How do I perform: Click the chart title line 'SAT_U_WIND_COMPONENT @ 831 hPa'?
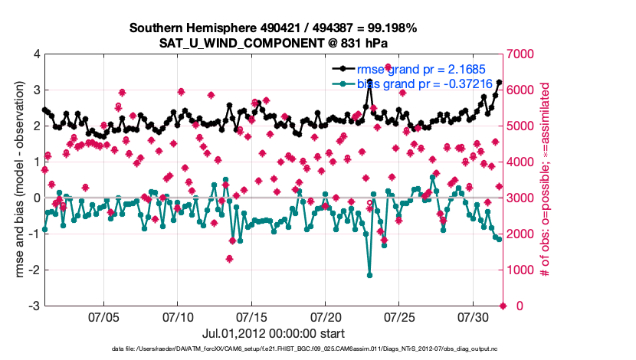point(273,42)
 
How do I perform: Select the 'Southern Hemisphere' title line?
point(273,28)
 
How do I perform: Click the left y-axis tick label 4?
point(37,54)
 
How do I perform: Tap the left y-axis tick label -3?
point(34,306)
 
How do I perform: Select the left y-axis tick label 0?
point(37,198)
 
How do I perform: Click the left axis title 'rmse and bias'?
point(18,180)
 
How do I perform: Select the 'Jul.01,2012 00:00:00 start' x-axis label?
point(273,333)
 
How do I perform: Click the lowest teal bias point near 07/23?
point(369,275)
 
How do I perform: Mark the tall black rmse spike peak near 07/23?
point(369,81)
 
